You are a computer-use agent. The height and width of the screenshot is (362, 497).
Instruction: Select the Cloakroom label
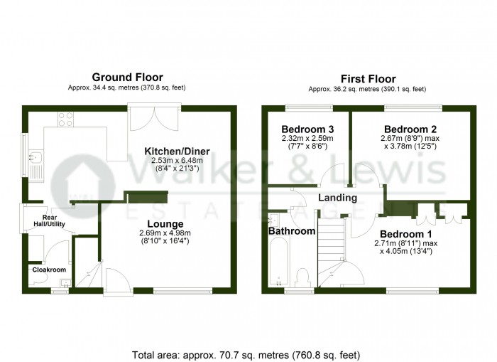coord(48,270)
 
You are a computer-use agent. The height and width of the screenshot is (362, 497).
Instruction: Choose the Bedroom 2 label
coord(415,128)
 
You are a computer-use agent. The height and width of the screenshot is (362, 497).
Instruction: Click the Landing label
coord(336,198)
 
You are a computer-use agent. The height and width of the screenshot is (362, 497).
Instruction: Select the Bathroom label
coord(291,231)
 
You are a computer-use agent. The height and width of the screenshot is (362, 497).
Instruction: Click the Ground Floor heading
coord(128,78)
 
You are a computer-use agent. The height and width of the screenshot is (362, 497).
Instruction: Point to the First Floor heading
coord(367,78)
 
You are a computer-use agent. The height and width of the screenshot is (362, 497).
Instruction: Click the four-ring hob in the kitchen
coord(66,118)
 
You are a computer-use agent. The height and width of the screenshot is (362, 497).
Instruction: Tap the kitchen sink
coord(37,165)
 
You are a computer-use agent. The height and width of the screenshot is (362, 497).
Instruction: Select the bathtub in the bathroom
coord(278,263)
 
